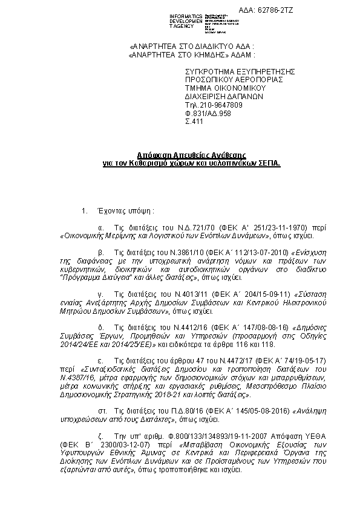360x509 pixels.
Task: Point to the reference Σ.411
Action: coord(194,122)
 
